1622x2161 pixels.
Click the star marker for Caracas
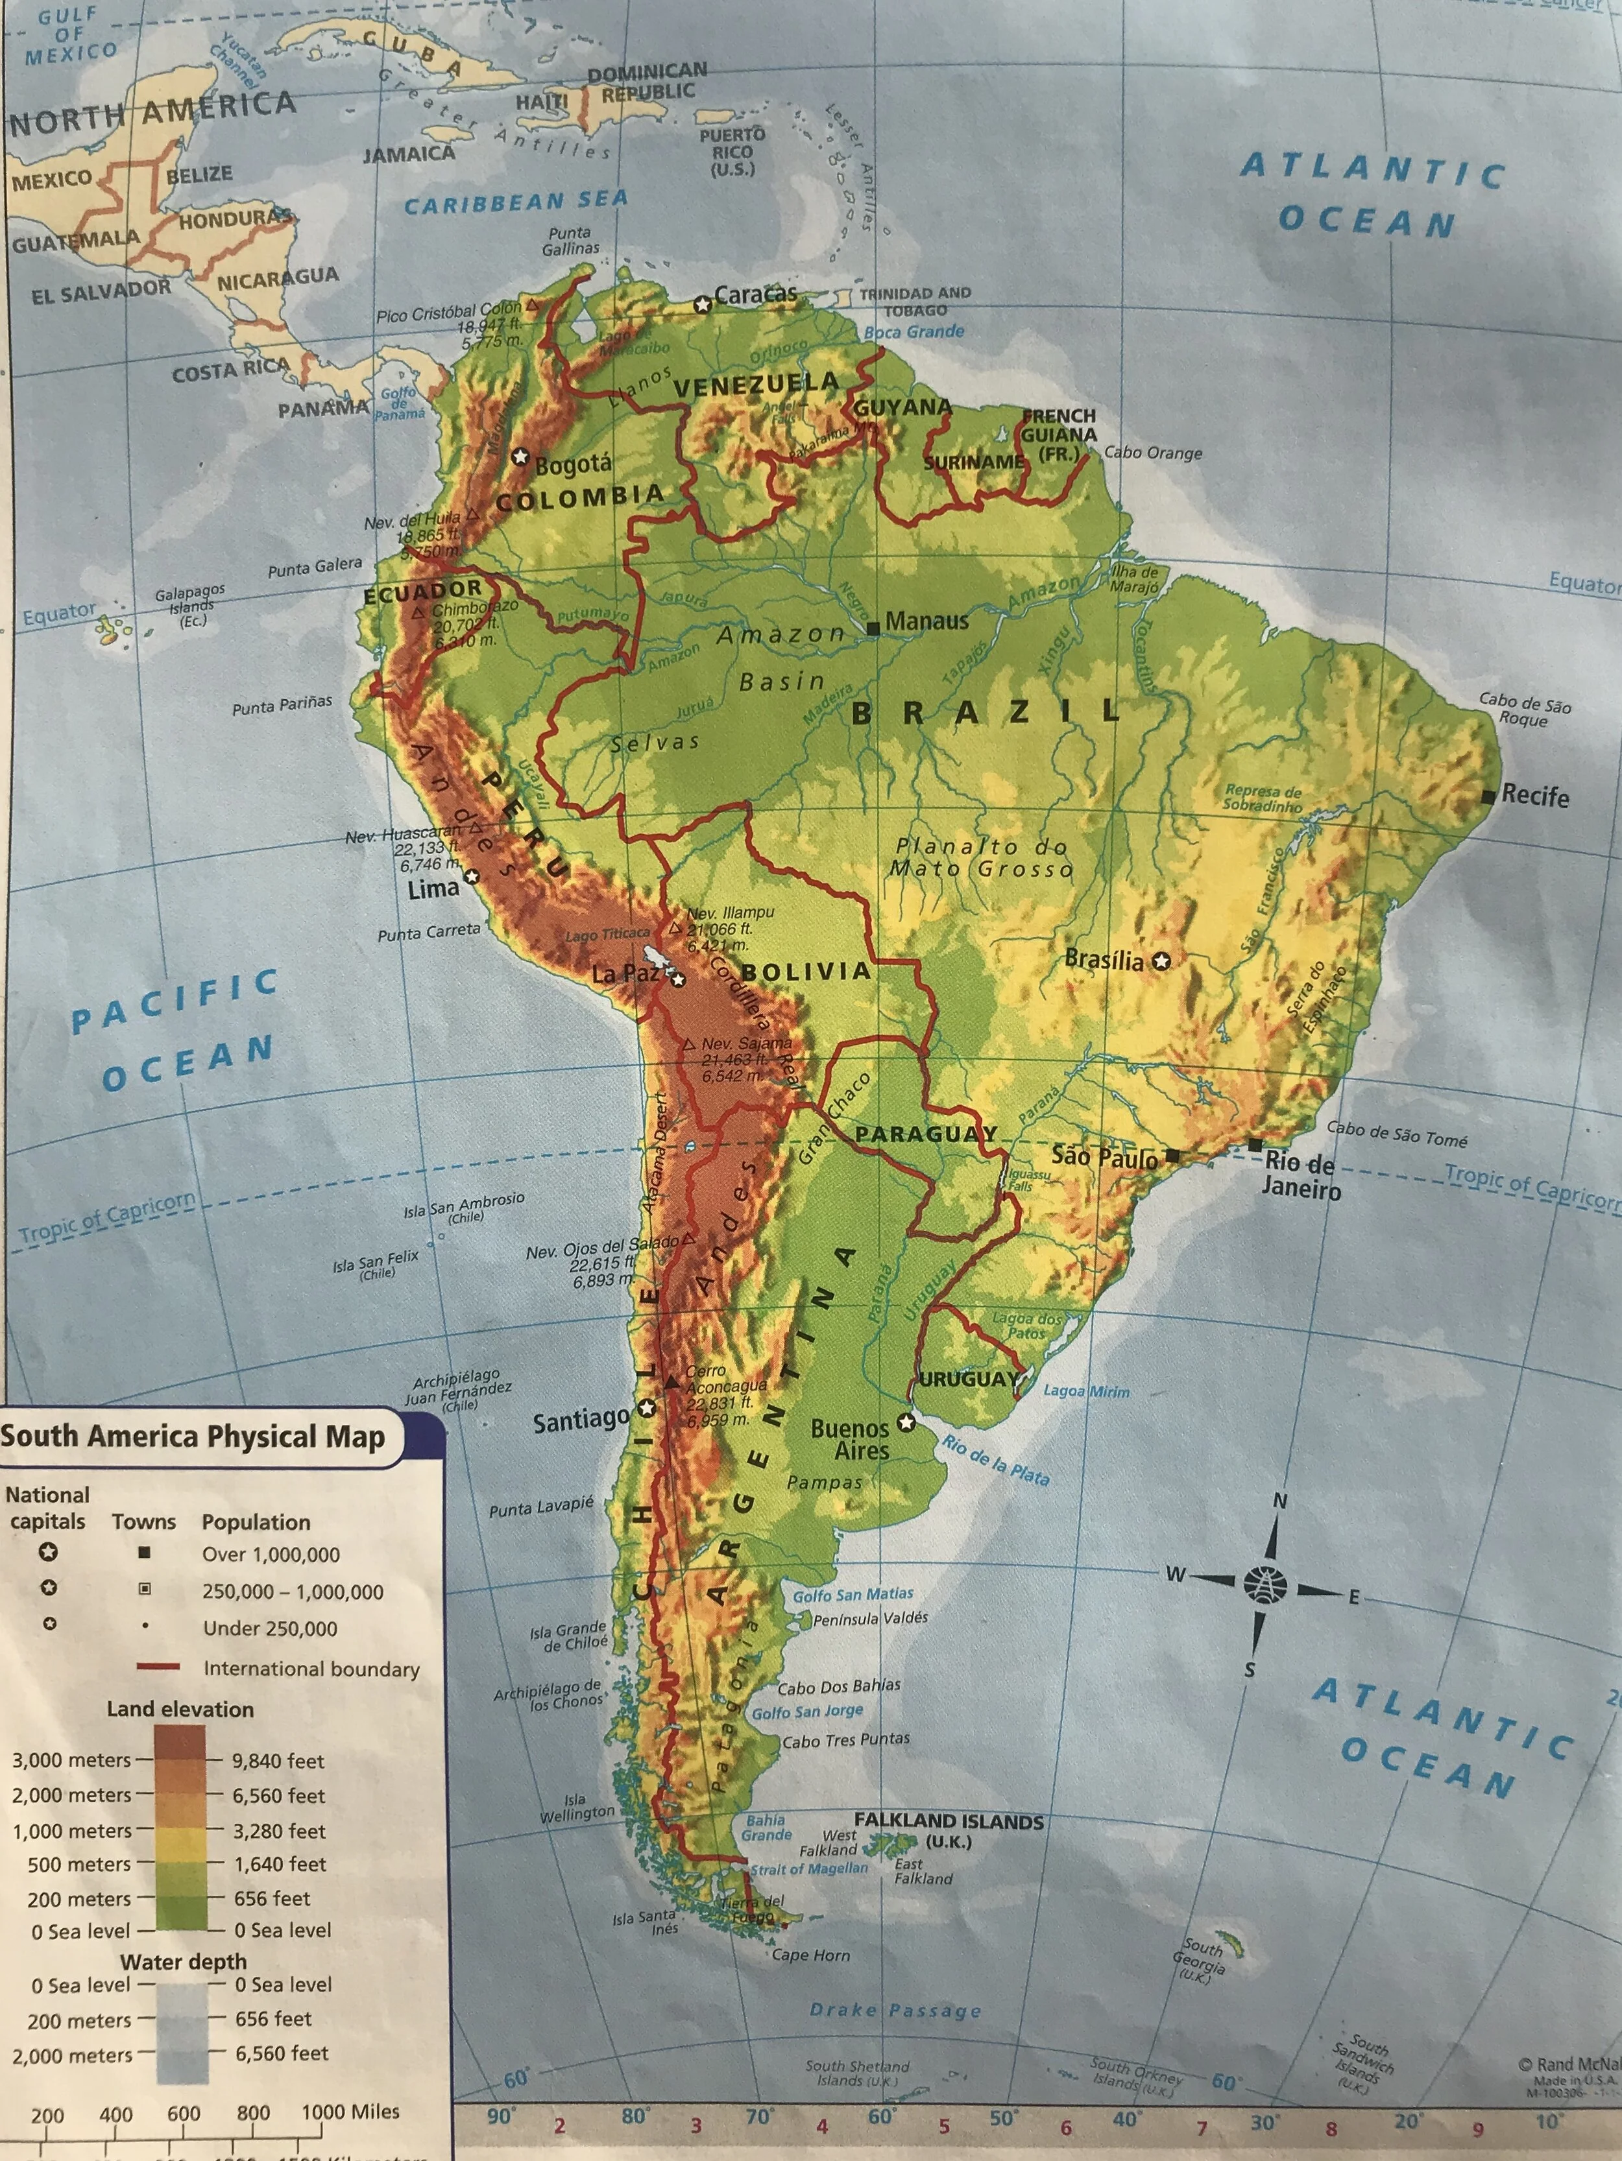point(701,305)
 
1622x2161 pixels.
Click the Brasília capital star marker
point(1161,961)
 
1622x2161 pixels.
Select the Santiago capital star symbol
point(647,1408)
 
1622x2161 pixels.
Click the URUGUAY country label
point(968,1379)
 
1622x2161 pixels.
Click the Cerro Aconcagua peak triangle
point(672,1382)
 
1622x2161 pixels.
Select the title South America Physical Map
point(193,1436)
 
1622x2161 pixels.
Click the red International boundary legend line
point(158,1667)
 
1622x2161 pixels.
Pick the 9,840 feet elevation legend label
point(278,1760)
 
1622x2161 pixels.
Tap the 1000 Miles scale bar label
point(350,2111)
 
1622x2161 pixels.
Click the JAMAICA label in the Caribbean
point(409,153)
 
